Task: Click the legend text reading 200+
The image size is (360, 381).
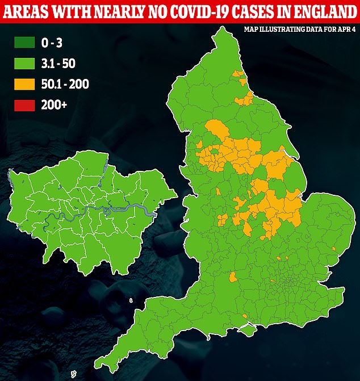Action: pos(55,104)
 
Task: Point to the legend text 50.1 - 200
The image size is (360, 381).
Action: pos(65,85)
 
